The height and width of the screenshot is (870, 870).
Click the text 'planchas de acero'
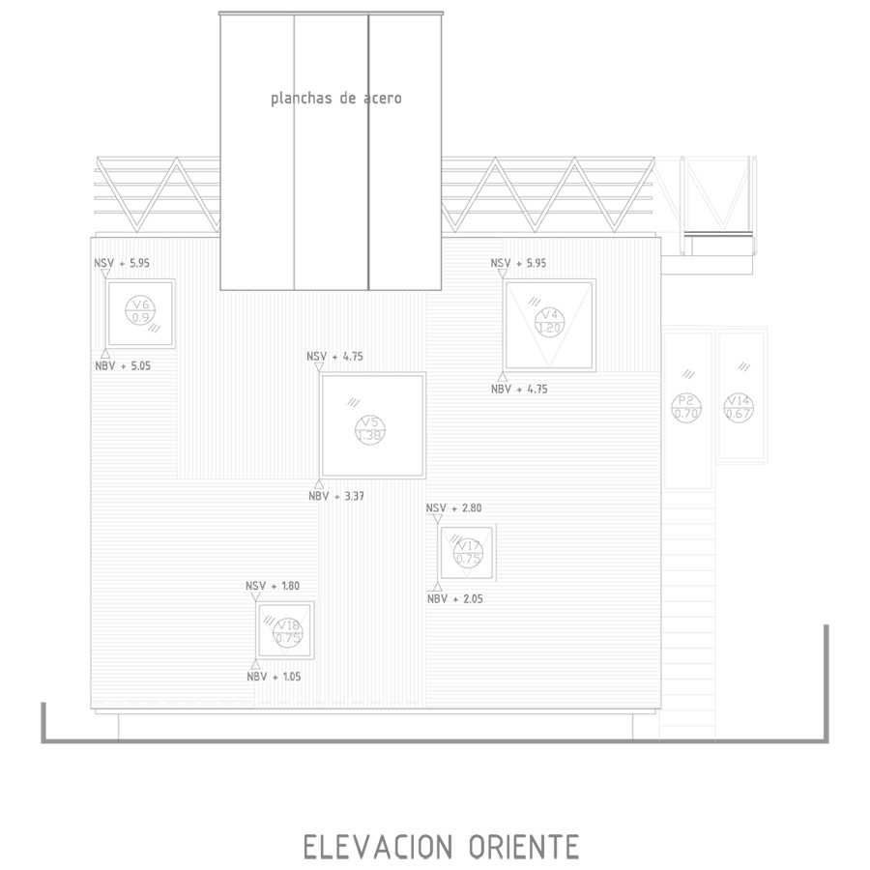tap(335, 99)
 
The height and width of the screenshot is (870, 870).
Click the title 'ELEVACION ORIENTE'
tap(441, 847)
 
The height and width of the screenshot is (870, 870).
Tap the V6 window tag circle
tap(140, 311)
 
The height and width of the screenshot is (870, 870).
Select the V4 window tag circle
tap(549, 321)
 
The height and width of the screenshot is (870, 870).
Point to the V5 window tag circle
tap(369, 428)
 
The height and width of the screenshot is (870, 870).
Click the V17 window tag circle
tap(468, 552)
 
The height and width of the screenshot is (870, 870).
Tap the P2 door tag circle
tap(686, 407)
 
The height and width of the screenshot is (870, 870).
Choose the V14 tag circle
tap(739, 407)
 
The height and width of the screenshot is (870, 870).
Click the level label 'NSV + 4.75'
tap(334, 357)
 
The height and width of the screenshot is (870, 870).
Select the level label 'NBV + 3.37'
tap(335, 496)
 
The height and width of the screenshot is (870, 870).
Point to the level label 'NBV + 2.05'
tap(454, 599)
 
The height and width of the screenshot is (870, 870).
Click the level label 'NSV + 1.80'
tap(273, 586)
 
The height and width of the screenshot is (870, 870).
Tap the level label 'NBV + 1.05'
tap(274, 677)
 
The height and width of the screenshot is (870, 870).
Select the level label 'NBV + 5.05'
tap(122, 365)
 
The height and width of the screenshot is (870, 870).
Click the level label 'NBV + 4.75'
tap(519, 389)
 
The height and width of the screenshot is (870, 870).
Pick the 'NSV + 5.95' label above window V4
tap(518, 263)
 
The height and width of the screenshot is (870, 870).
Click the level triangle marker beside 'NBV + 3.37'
tap(319, 484)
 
